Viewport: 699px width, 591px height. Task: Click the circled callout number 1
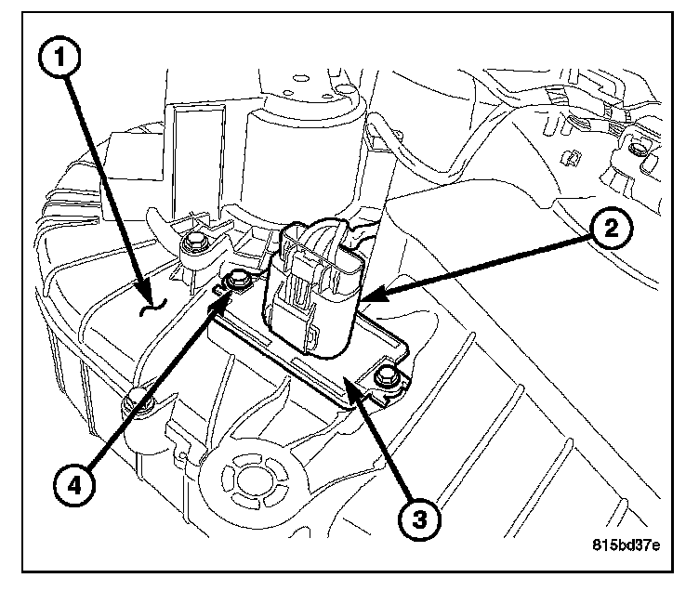(x=59, y=58)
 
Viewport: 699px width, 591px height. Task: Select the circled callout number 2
(x=612, y=230)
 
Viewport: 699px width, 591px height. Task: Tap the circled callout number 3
(x=419, y=519)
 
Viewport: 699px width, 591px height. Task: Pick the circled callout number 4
(x=74, y=485)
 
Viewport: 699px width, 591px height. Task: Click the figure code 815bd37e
(x=626, y=545)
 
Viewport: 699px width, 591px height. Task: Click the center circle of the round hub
(x=251, y=480)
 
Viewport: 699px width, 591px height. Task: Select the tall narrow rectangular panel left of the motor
(x=194, y=163)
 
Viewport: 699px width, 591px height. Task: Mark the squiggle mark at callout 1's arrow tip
(x=152, y=307)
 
